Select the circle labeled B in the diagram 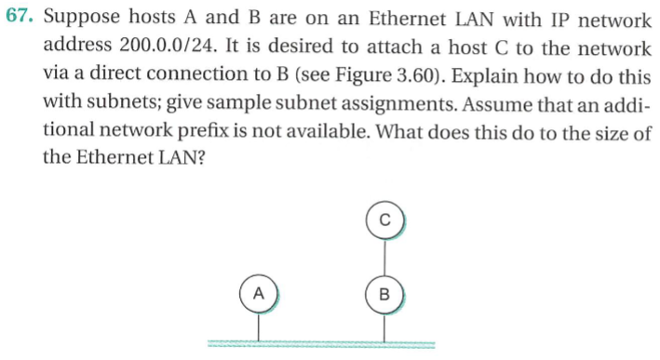(384, 295)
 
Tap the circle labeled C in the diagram (384, 221)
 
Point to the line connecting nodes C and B (384, 258)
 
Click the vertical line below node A (260, 326)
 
